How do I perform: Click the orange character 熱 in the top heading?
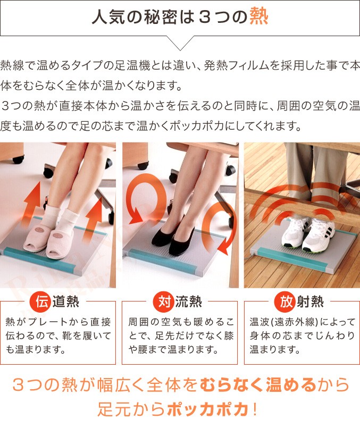coord(259,17)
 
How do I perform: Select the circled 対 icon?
coord(161,301)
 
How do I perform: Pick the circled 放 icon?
coord(283,301)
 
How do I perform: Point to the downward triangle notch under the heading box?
coord(180,43)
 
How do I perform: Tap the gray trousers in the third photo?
coord(308,165)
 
